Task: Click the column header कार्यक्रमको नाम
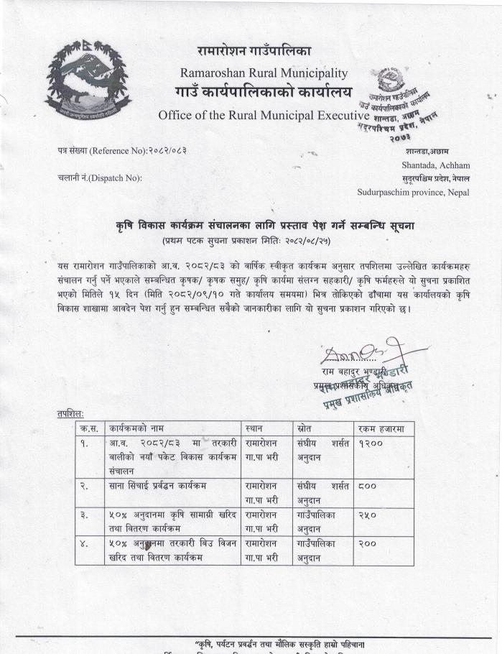(136, 429)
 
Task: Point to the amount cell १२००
(371, 444)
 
